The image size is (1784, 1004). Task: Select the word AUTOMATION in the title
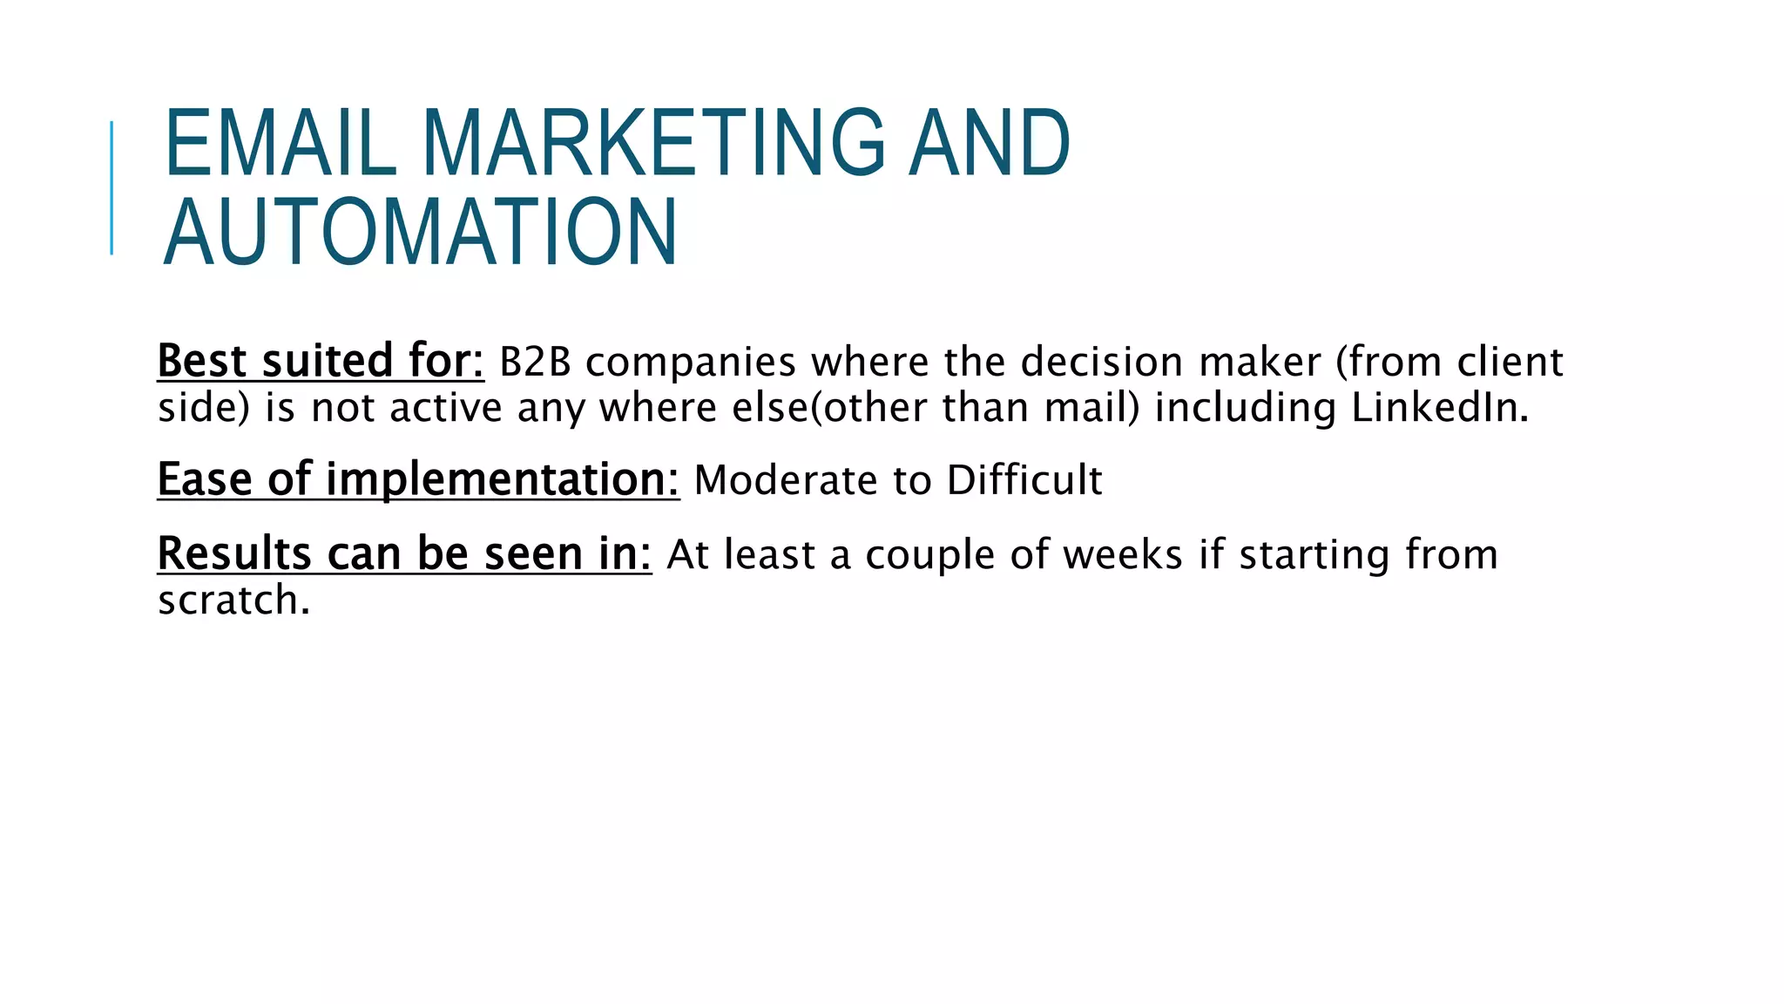[420, 232]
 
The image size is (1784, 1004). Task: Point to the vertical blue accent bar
[111, 187]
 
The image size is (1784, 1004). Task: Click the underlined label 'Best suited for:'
[320, 361]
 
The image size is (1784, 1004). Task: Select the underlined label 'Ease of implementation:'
[417, 479]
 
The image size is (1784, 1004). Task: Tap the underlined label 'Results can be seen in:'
[403, 553]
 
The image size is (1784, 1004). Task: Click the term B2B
[535, 362]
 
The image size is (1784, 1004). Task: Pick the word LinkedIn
[1439, 408]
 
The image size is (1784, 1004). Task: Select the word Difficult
[1024, 480]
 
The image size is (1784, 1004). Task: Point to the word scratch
[233, 600]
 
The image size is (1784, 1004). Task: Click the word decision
[1102, 362]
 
